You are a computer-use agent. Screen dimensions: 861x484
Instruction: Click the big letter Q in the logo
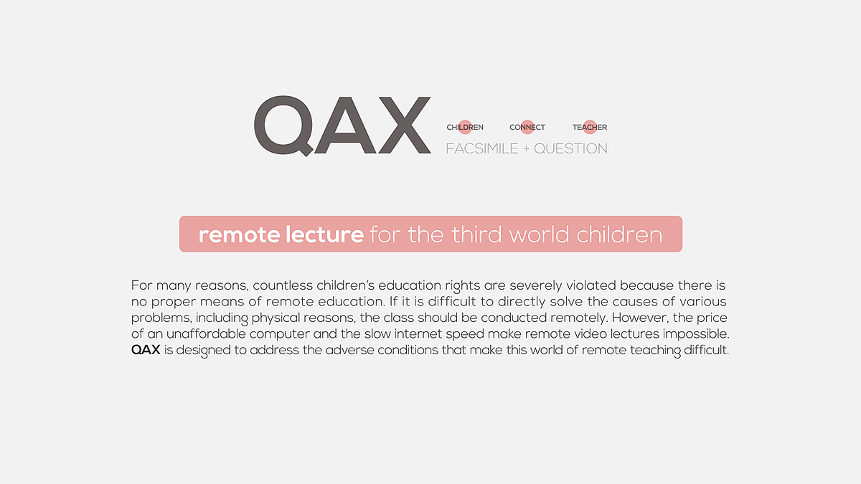[283, 125]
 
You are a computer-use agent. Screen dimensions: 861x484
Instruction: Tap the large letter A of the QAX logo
[345, 125]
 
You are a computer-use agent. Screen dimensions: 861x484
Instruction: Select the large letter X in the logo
[405, 125]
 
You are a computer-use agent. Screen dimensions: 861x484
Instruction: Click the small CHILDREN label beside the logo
[465, 127]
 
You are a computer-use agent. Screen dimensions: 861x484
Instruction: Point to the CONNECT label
[527, 127]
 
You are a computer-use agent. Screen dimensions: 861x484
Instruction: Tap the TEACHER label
[590, 127]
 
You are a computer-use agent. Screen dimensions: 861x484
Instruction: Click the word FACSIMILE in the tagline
[482, 148]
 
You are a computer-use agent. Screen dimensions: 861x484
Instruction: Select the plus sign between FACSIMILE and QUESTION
[526, 149]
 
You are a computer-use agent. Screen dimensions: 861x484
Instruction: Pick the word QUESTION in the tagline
[571, 148]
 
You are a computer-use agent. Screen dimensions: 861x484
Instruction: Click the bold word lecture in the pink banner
[324, 234]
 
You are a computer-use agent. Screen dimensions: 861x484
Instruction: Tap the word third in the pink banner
[476, 234]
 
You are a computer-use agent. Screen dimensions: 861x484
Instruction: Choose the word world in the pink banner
[539, 234]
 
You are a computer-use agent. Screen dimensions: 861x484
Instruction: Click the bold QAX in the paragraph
[146, 350]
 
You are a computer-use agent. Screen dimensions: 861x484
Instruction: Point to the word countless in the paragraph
[283, 285]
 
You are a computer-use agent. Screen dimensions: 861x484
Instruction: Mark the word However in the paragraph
[640, 318]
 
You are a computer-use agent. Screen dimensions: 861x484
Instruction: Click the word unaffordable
[206, 334]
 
